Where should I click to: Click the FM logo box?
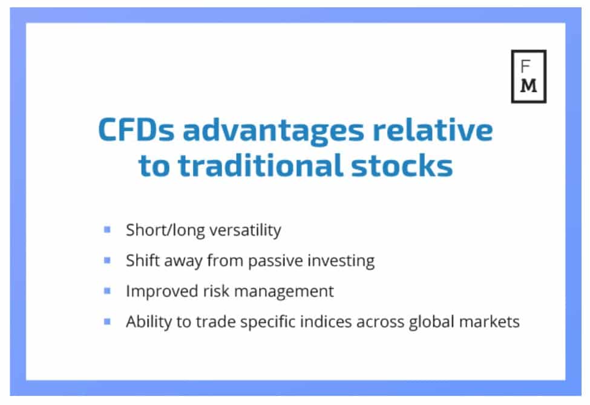pos(512,76)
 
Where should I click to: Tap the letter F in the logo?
pos(525,66)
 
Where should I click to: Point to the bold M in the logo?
pos(529,86)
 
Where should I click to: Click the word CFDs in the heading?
pos(136,130)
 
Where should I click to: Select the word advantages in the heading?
pos(274,131)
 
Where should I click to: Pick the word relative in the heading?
pos(432,129)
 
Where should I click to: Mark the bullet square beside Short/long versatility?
pos(107,229)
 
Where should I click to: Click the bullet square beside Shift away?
pos(107,260)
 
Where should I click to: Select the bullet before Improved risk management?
pos(107,291)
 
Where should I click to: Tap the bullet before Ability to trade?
pos(107,321)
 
